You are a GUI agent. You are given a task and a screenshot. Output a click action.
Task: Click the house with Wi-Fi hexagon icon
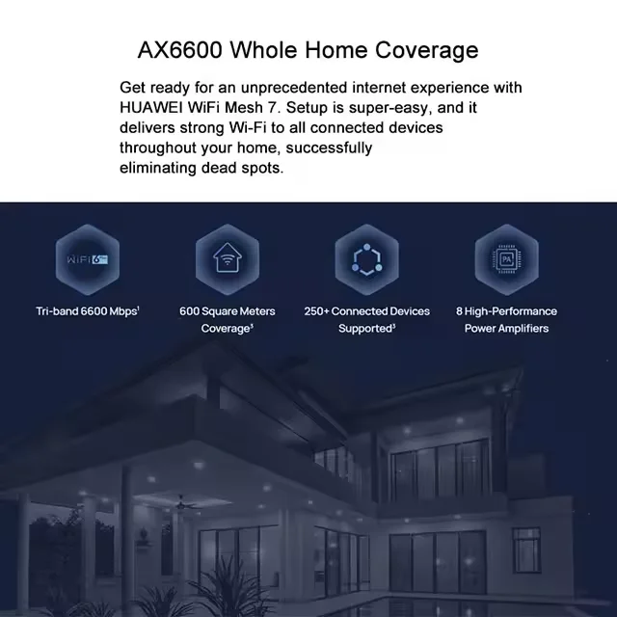(228, 259)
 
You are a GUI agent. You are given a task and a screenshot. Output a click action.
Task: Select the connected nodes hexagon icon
(366, 259)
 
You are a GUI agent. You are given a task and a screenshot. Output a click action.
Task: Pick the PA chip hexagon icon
(506, 259)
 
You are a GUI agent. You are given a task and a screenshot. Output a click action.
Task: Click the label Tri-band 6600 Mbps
(87, 311)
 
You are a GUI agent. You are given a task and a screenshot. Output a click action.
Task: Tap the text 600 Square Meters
(228, 311)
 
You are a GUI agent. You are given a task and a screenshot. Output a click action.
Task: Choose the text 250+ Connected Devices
(366, 311)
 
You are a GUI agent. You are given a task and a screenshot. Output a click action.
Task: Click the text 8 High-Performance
(506, 311)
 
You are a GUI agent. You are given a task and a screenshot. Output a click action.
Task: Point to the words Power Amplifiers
(506, 329)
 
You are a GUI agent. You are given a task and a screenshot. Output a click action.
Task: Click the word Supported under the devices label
(364, 329)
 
